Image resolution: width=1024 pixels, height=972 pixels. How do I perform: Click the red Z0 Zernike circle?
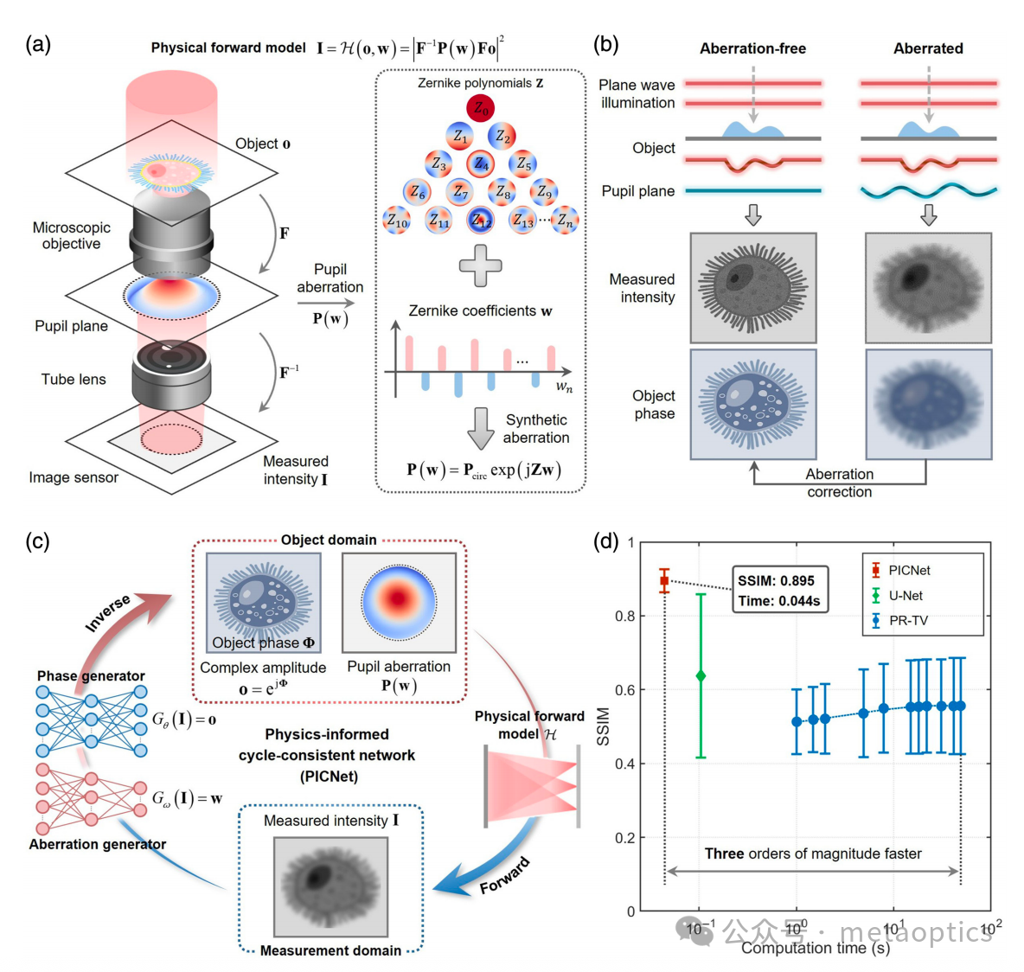pos(481,108)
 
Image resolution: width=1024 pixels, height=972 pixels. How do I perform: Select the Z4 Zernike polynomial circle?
pos(481,163)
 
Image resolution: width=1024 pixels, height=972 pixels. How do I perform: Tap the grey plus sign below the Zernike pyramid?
pos(480,265)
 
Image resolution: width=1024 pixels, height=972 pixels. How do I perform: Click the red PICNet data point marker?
pos(664,581)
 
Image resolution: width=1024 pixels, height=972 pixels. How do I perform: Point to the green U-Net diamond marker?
pos(701,675)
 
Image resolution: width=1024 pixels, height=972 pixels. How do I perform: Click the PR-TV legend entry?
pos(907,620)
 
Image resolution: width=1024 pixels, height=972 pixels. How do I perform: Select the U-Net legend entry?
pos(905,595)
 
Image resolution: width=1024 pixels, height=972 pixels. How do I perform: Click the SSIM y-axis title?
pos(603,726)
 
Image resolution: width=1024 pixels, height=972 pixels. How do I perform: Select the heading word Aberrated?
pos(928,48)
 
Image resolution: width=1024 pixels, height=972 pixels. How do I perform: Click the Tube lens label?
pos(74,379)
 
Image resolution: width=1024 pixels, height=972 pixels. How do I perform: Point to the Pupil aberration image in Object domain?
pos(399,602)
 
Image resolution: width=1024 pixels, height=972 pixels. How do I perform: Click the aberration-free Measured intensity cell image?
pos(753,288)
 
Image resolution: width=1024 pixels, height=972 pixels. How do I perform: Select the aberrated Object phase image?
pos(928,404)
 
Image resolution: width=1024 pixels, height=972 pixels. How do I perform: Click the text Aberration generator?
pos(98,844)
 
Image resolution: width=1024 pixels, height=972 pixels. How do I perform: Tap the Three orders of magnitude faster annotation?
pos(813,854)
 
